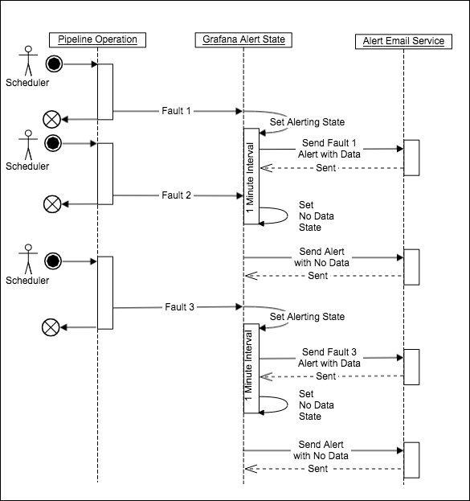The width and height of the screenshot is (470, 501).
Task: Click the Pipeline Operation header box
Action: point(98,40)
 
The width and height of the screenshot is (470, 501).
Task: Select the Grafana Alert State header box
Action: point(243,40)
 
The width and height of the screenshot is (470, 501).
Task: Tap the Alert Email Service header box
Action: point(403,40)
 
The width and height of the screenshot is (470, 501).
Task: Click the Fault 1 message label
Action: point(177,111)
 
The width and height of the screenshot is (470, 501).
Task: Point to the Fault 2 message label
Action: point(176,195)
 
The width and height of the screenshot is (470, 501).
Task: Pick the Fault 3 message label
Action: point(179,306)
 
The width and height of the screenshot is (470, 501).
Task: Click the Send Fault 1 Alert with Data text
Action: point(329,148)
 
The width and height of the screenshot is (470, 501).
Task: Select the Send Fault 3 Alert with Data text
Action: point(329,358)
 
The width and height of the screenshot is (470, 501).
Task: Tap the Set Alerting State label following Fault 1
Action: point(307,122)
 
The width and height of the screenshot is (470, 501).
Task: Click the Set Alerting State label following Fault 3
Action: point(307,317)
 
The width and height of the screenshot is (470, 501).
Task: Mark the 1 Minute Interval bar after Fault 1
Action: point(251,176)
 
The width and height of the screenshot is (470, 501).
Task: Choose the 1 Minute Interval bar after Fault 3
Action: point(251,369)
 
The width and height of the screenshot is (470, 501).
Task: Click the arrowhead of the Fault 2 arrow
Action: point(239,195)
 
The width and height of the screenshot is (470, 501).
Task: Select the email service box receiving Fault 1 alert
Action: point(411,157)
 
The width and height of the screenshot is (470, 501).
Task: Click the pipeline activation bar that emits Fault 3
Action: point(105,292)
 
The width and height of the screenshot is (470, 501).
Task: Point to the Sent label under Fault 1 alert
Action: point(326,168)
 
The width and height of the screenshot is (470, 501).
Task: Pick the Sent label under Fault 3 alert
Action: point(326,376)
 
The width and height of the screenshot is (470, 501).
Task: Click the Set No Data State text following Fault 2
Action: point(316,216)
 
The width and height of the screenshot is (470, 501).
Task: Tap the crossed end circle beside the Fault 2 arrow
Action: point(51,204)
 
